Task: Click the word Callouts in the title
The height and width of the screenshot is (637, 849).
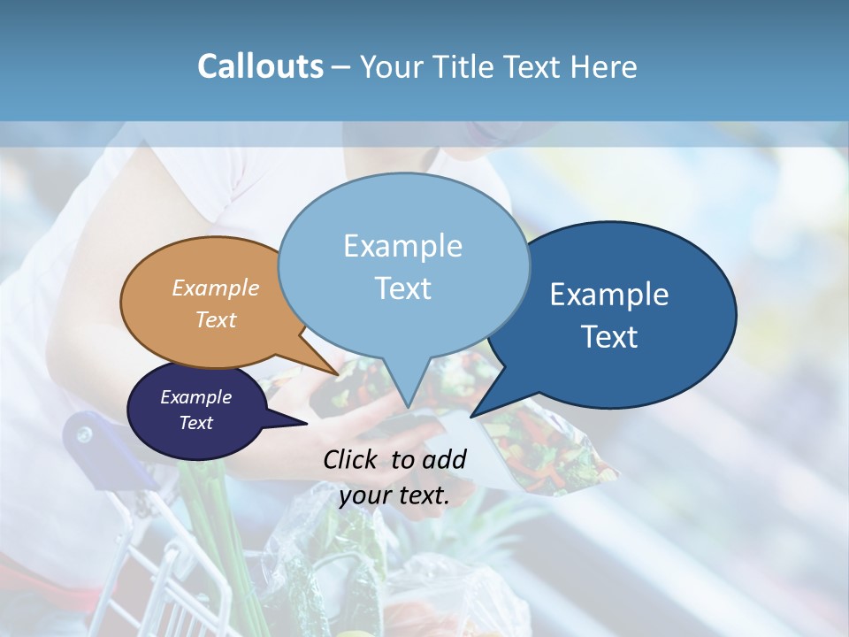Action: tap(260, 66)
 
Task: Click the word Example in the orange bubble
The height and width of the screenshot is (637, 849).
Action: tap(216, 288)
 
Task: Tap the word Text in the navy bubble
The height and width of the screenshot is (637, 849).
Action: tap(196, 423)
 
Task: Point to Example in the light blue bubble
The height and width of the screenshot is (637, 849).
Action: tap(403, 246)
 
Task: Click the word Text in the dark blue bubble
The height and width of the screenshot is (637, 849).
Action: tap(609, 337)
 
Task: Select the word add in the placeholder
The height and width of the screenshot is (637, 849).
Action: tap(445, 459)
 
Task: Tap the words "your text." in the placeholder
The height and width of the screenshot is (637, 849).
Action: tap(394, 495)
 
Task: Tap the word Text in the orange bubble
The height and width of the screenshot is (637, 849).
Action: tap(216, 319)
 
